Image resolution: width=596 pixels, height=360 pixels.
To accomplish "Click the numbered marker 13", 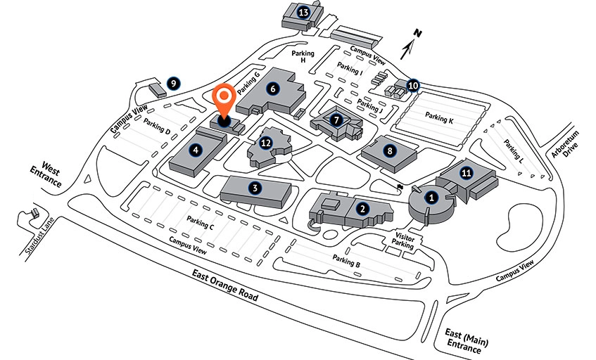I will (304, 12).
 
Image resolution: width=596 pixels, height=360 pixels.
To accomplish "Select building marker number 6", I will (273, 89).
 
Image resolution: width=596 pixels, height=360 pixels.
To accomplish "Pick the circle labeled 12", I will (265, 143).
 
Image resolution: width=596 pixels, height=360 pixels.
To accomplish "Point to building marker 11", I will (465, 172).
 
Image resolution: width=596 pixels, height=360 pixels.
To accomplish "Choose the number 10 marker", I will (413, 86).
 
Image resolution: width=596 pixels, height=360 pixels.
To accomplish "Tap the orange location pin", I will (224, 103).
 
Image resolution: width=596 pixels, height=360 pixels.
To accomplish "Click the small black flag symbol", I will (399, 187).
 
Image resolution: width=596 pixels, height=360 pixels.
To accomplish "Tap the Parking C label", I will (201, 221).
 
